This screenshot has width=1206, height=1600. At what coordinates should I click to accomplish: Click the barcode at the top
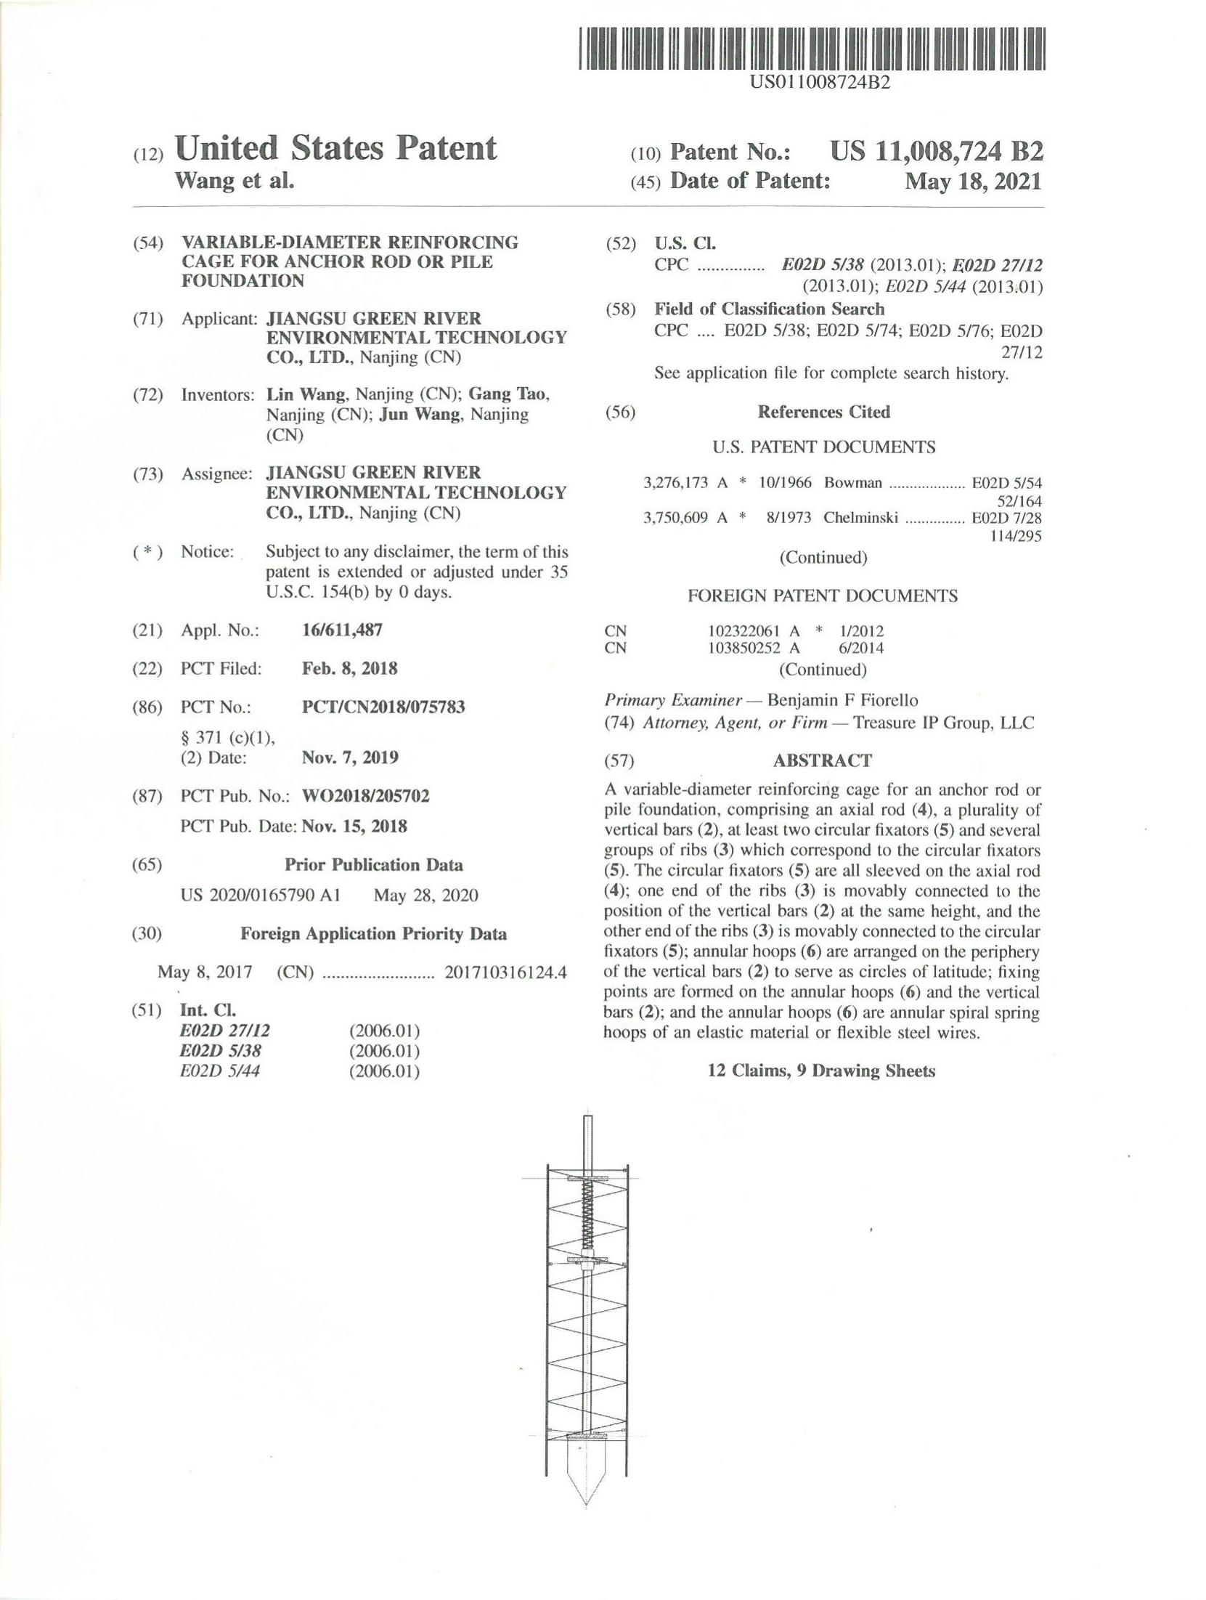[x=811, y=49]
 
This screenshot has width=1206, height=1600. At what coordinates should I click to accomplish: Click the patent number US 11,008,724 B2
[x=937, y=151]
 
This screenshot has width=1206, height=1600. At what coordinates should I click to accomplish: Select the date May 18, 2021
[x=972, y=181]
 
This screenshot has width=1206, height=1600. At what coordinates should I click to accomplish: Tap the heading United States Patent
[x=335, y=148]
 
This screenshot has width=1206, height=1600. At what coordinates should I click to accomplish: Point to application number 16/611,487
[x=342, y=630]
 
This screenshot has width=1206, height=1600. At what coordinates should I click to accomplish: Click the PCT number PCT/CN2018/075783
[x=383, y=707]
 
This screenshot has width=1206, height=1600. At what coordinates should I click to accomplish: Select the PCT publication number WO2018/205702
[x=365, y=796]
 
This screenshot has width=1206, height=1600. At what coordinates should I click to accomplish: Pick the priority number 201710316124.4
[x=505, y=972]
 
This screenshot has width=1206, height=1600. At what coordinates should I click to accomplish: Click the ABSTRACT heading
[x=822, y=760]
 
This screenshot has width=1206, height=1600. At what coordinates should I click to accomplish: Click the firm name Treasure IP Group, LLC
[x=943, y=723]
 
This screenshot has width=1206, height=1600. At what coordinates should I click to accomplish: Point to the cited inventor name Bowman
[x=852, y=483]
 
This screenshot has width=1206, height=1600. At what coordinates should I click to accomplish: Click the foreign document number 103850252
[x=743, y=648]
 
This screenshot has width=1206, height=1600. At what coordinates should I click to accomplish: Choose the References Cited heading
[x=823, y=412]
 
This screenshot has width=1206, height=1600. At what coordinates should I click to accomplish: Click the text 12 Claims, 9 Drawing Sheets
[x=821, y=1071]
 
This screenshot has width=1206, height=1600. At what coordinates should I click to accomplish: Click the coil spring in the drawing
[x=587, y=1216]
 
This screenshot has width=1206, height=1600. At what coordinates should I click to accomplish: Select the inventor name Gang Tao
[x=508, y=394]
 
